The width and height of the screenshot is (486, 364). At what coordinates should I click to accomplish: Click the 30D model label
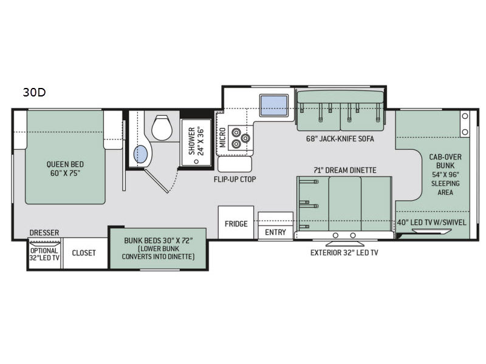pos(35,92)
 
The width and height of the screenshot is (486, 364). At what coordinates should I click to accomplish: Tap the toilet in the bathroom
pos(162,127)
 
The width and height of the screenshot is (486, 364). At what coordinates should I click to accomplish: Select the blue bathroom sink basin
pos(140,154)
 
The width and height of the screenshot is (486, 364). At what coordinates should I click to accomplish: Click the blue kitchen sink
pos(274,105)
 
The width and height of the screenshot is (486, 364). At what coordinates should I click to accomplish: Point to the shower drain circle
pos(196,161)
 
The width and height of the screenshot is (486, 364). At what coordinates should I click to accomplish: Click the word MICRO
pos(222,138)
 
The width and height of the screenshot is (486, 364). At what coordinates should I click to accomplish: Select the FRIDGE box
pos(236,223)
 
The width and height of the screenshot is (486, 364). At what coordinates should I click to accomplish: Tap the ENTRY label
pos(275,232)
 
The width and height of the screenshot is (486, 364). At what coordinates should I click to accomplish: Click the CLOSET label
pos(84,253)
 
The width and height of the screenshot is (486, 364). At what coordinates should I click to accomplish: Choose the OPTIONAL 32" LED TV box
pos(44,253)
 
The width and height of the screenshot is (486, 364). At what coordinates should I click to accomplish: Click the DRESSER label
pos(44,232)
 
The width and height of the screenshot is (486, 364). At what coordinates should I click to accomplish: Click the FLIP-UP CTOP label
pos(235,179)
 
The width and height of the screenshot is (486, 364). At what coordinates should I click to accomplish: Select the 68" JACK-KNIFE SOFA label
pos(340,139)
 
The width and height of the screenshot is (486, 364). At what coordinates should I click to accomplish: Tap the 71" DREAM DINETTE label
pos(345,170)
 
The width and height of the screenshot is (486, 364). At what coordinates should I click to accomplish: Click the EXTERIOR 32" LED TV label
pos(344,253)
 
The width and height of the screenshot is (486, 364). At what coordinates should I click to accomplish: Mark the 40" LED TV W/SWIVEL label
pos(431,222)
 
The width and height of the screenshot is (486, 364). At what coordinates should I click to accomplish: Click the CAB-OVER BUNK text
pos(445,161)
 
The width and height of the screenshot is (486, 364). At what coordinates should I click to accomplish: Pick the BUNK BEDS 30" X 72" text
pos(159,240)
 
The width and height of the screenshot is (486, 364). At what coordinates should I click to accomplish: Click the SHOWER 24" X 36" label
pos(196,141)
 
